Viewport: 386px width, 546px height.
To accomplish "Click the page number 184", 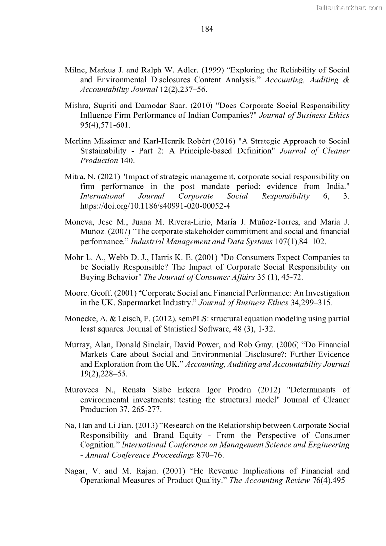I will coord(207,29).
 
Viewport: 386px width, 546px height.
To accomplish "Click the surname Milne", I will coord(75,70).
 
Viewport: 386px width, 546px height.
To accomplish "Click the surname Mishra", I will coord(76,106).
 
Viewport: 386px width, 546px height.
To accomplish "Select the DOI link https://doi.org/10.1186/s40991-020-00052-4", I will coord(155,206).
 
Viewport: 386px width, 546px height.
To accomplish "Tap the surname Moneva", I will coord(78,222).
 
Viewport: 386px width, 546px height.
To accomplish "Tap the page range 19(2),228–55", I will coord(103,374).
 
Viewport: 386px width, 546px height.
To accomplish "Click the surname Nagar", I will coord(75,471).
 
